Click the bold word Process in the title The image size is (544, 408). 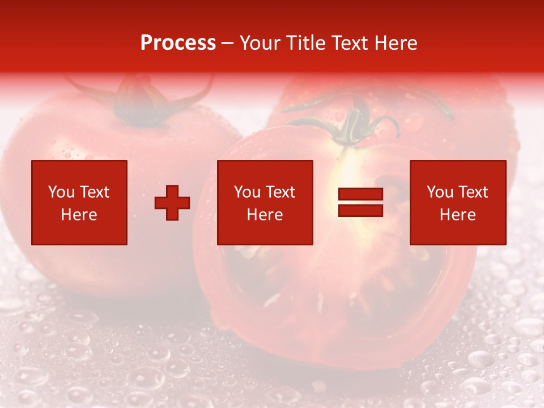(178, 43)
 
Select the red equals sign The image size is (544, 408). (360, 203)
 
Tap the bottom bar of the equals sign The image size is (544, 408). (360, 210)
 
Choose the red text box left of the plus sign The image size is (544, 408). (79, 202)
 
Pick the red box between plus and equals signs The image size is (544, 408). (265, 202)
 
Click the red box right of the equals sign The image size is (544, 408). (457, 202)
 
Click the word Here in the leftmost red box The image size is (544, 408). (79, 215)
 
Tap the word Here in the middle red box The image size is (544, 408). (265, 215)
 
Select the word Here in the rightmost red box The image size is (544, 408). (457, 215)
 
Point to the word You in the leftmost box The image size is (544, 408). (61, 192)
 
